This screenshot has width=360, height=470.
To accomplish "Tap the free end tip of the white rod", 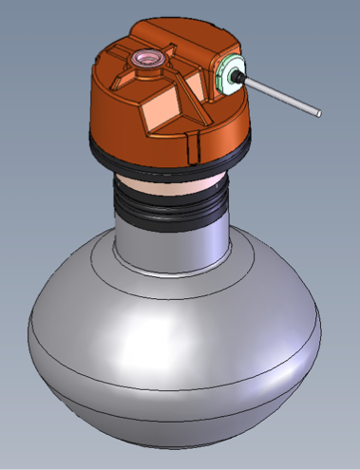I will [318, 115].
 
